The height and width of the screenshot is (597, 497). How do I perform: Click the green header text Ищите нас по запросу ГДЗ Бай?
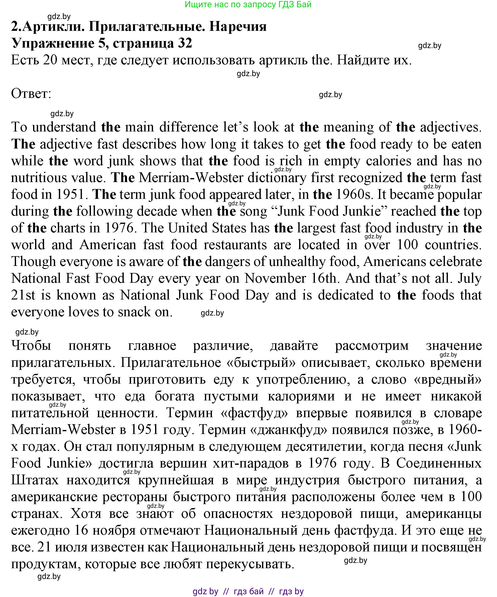click(248, 4)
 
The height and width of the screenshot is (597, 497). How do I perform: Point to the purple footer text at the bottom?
click(248, 591)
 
